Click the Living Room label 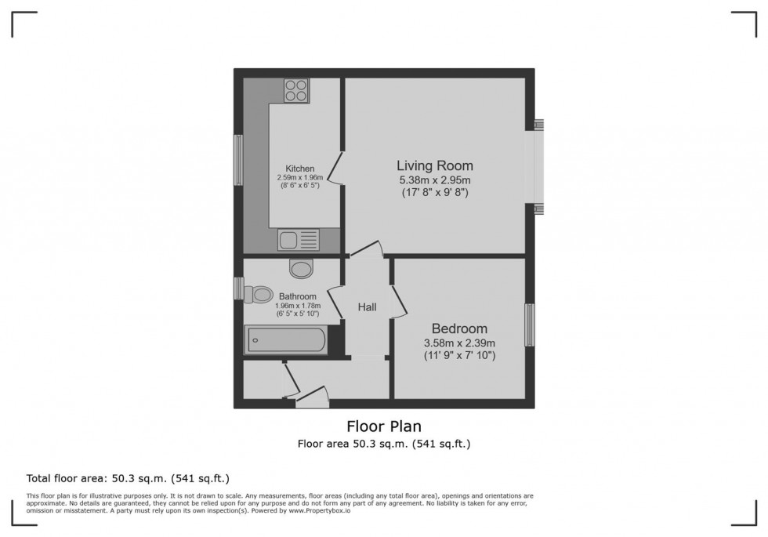point(434,165)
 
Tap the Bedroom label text point(459,328)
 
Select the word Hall point(368,307)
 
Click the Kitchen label point(299,169)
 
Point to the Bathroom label point(297,296)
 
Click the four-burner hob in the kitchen point(296,92)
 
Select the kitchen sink point(296,239)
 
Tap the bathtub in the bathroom point(286,341)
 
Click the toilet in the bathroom point(257,295)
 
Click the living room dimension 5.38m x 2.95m point(434,180)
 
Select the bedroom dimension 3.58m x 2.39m point(459,343)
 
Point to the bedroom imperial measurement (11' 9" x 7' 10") point(459,355)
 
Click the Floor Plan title point(384,426)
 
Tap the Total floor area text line point(128,477)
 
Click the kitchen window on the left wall point(237,160)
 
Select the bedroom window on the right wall point(530,325)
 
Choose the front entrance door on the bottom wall point(313,402)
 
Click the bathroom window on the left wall point(238,288)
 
